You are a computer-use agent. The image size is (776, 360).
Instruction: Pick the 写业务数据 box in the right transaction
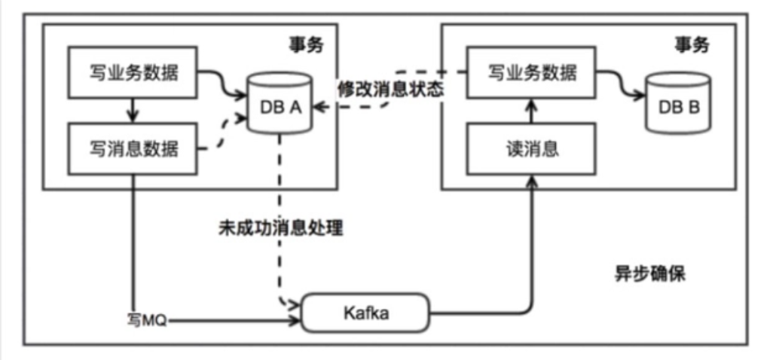[532, 72]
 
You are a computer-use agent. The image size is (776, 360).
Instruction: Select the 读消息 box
[532, 148]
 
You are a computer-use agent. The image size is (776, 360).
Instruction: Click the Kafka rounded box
[365, 313]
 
